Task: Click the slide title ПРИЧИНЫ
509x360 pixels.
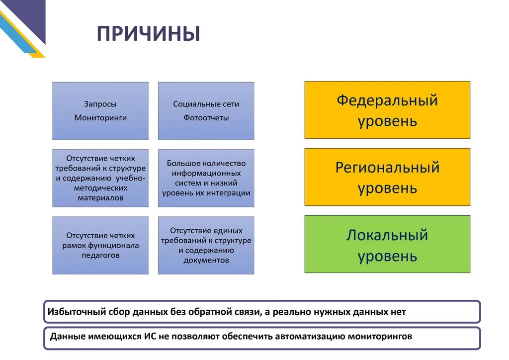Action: (148, 33)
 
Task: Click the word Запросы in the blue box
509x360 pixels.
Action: (100, 104)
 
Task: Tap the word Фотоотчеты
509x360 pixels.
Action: (206, 117)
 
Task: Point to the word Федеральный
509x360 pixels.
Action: (387, 100)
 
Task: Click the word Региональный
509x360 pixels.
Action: (387, 168)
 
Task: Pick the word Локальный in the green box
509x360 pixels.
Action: (387, 235)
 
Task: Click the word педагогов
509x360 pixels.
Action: (100, 255)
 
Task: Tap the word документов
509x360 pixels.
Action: (206, 260)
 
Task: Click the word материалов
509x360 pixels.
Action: (100, 198)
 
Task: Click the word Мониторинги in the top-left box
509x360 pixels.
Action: (100, 117)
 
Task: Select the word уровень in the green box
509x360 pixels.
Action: (387, 257)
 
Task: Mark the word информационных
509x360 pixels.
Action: (206, 174)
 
